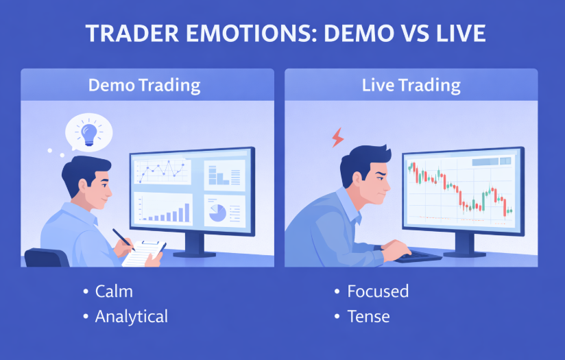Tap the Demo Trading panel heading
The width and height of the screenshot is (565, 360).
pyautogui.click(x=144, y=86)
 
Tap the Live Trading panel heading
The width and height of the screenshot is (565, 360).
pyautogui.click(x=411, y=86)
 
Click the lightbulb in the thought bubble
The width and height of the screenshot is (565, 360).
pyautogui.click(x=89, y=132)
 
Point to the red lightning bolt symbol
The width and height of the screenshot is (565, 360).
pyautogui.click(x=337, y=138)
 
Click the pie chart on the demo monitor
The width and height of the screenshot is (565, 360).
pyautogui.click(x=217, y=211)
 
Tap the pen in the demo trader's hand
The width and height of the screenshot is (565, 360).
pyautogui.click(x=124, y=239)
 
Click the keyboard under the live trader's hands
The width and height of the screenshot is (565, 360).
pyautogui.click(x=418, y=256)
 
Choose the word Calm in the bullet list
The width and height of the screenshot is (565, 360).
pyautogui.click(x=114, y=291)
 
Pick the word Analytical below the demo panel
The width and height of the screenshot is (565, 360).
pyautogui.click(x=131, y=316)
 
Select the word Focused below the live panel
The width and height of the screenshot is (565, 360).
pyautogui.click(x=378, y=291)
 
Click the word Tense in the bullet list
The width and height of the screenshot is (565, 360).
pyautogui.click(x=368, y=316)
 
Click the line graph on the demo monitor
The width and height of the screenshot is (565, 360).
pyautogui.click(x=162, y=169)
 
